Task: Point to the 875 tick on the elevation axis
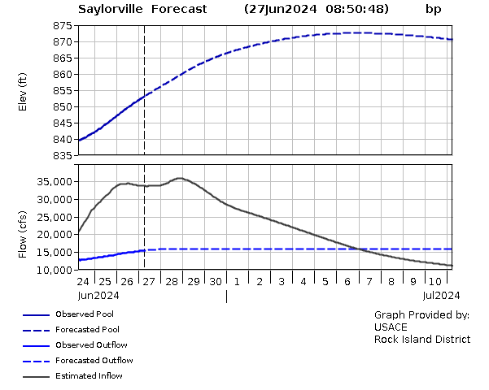(63, 26)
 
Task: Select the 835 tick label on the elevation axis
(63, 156)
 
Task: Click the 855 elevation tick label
(63, 91)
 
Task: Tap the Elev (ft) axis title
(23, 91)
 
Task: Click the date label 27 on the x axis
(148, 281)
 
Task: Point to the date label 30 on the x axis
(215, 281)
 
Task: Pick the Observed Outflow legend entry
(88, 344)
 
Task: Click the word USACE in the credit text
(391, 327)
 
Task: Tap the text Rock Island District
(421, 339)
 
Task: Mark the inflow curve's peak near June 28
(179, 178)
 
